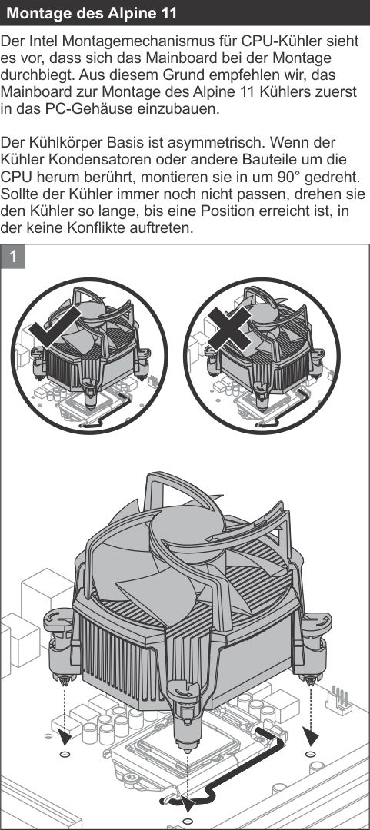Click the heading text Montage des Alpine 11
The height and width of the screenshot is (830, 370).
(x=92, y=13)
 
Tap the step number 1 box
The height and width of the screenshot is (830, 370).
(x=13, y=257)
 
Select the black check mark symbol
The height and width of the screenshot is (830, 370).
(x=55, y=327)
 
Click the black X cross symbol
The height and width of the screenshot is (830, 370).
(x=228, y=329)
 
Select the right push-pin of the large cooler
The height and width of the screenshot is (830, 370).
(x=313, y=646)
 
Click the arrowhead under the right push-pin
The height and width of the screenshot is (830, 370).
(x=312, y=735)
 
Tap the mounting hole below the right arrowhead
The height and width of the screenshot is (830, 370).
(x=311, y=753)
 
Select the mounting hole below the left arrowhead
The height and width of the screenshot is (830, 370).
(x=65, y=754)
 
